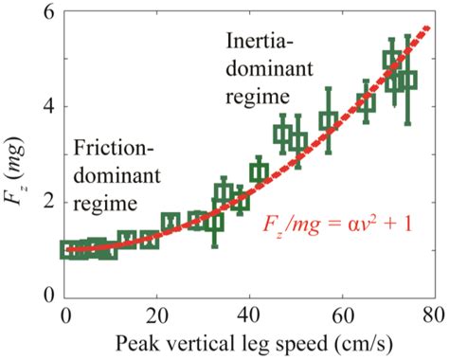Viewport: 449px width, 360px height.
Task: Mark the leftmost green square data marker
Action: pyautogui.click(x=69, y=249)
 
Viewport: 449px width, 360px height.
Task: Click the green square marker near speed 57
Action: pyautogui.click(x=329, y=120)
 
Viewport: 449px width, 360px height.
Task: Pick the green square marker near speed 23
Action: pyautogui.click(x=171, y=223)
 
